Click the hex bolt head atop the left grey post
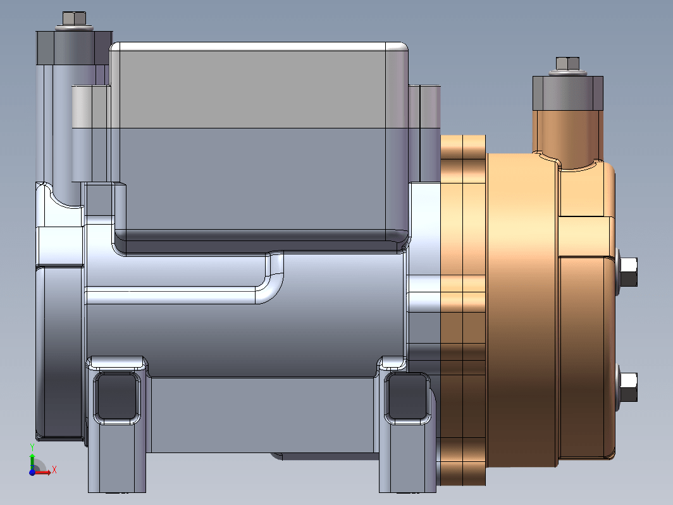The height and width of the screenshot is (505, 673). click(74, 18)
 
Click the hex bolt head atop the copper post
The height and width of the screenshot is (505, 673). click(567, 63)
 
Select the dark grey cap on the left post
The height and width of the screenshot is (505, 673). click(74, 48)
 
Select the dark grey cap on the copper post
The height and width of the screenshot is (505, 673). click(567, 93)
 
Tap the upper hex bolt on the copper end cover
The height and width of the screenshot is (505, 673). click(628, 272)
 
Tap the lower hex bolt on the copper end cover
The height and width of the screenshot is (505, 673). click(628, 387)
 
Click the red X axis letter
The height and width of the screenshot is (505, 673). click(54, 470)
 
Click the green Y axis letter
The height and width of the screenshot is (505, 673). click(32, 448)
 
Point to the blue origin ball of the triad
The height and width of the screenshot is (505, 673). click(32, 472)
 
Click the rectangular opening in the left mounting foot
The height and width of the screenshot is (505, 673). click(117, 397)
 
